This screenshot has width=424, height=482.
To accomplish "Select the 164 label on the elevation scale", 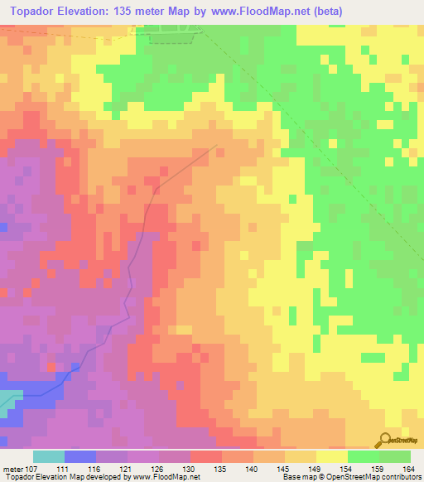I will pos(408,469).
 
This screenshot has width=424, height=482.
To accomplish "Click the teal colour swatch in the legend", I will pos(49,456).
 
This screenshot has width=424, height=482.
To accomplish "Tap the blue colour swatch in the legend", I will pos(80,456).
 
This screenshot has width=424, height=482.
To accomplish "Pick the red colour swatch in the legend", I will pos(206,456).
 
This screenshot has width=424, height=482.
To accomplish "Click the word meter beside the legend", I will pos(13,469).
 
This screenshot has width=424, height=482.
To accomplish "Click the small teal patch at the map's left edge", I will pos(7,399).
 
